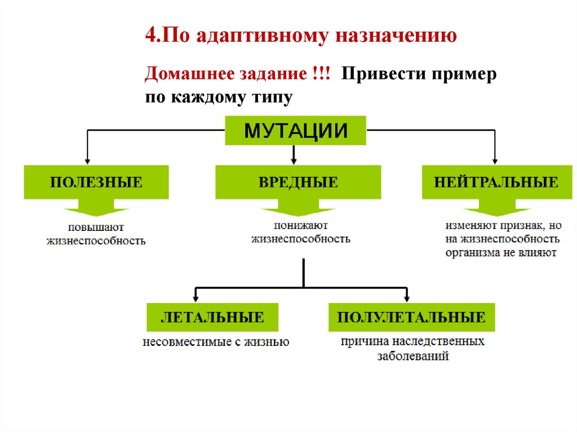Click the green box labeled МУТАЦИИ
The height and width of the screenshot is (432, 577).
click(x=295, y=131)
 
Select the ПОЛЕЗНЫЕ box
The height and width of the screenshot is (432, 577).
click(x=96, y=182)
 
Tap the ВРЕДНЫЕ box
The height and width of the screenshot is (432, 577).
click(x=298, y=182)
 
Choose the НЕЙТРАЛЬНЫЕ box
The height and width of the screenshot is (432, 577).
click(x=496, y=182)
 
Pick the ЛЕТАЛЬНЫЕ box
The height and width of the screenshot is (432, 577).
click(x=212, y=317)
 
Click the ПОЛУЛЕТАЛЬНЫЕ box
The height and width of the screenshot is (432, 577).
click(x=411, y=317)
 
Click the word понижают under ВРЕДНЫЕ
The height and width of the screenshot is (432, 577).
click(x=300, y=225)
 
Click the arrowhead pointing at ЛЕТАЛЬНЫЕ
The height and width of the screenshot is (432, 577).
click(x=195, y=297)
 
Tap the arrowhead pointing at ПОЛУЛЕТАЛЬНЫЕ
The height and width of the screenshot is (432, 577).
click(x=407, y=297)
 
